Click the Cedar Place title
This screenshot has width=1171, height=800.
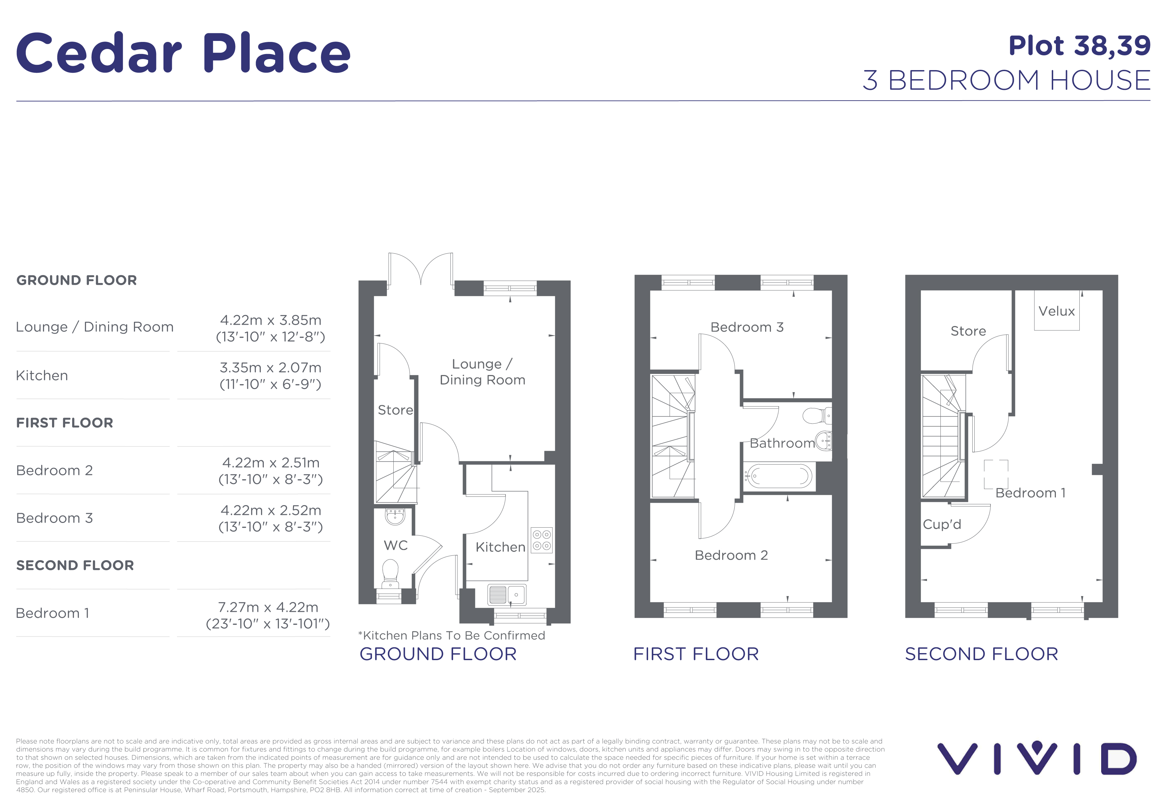click(x=183, y=53)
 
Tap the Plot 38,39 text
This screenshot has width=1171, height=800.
click(x=1079, y=46)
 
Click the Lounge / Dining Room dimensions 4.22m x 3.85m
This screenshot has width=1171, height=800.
click(x=271, y=320)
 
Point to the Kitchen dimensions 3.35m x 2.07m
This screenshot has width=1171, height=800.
click(x=271, y=368)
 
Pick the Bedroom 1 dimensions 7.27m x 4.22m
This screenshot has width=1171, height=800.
click(x=268, y=607)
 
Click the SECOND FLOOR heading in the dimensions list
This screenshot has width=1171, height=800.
click(x=75, y=566)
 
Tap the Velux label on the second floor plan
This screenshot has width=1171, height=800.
click(x=1057, y=311)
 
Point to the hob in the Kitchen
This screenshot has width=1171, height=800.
click(x=542, y=540)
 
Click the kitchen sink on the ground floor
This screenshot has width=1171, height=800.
click(x=507, y=595)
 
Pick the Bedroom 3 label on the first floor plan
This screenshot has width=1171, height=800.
click(x=747, y=327)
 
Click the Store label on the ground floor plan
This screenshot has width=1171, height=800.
click(x=396, y=410)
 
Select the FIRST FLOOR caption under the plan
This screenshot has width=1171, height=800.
click(x=696, y=654)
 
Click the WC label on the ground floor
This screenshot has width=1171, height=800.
click(x=396, y=545)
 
